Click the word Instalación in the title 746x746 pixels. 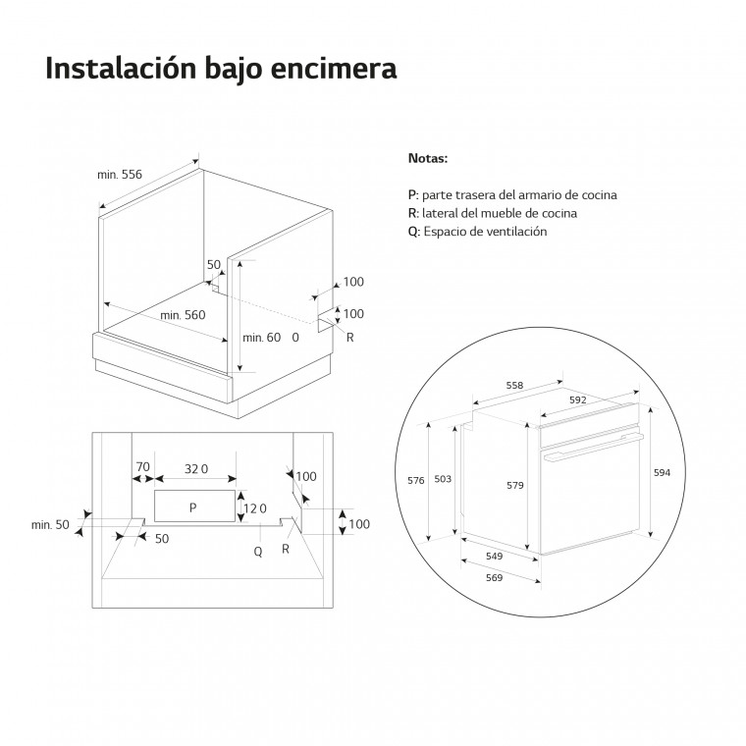(x=121, y=68)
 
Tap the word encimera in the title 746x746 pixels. (x=334, y=68)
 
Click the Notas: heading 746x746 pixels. (x=428, y=158)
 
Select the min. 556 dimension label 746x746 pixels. (x=120, y=175)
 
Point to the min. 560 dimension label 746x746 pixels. (x=183, y=315)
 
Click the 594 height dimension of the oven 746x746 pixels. (x=662, y=472)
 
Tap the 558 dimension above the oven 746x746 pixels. (x=514, y=386)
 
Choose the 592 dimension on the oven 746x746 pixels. (x=577, y=400)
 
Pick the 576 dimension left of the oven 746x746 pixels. (x=416, y=481)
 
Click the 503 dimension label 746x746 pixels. (x=443, y=479)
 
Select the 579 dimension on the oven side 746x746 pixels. (x=514, y=485)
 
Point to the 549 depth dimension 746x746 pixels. (x=495, y=557)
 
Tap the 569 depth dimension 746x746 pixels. (x=495, y=577)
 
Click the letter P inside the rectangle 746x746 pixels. (x=192, y=507)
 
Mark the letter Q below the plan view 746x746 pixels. (x=258, y=552)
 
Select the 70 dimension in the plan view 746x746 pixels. (x=142, y=467)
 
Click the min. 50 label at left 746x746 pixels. (x=50, y=525)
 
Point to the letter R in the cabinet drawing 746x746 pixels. (x=350, y=338)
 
